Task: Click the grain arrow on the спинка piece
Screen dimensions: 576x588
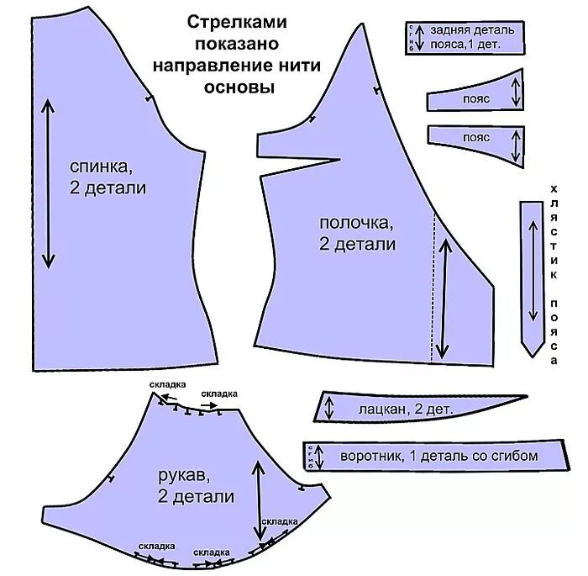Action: (48, 183)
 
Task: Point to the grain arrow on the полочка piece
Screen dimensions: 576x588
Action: (443, 299)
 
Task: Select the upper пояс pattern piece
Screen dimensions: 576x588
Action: (475, 99)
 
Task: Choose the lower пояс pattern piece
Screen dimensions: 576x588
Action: (475, 137)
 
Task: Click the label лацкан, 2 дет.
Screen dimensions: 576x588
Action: (406, 410)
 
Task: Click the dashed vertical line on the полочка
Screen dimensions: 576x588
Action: (433, 286)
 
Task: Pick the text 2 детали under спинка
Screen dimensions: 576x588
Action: (108, 188)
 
